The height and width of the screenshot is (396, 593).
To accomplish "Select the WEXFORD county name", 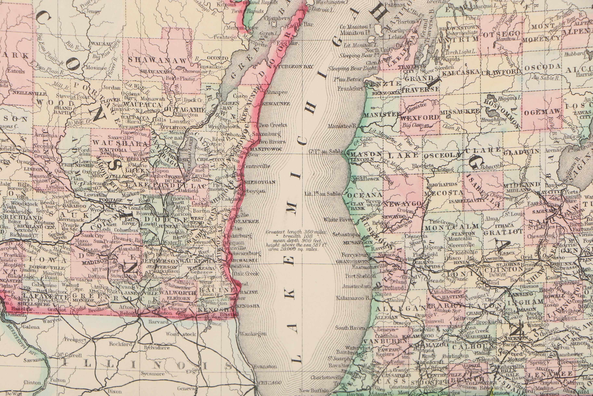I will point(420,117).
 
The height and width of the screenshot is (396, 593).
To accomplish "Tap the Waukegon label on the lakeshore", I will point(253,334).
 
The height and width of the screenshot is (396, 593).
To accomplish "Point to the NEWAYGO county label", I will point(402,204).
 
